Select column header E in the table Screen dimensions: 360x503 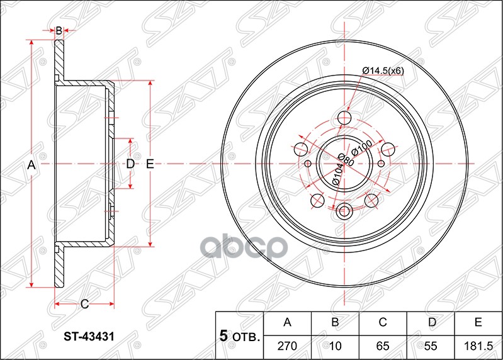[x=478, y=323]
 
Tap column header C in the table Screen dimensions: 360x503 [x=382, y=323]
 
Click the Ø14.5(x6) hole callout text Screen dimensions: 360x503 [x=383, y=70]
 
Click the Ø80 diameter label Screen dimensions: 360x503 [x=346, y=161]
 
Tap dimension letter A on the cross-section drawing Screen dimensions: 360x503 [x=31, y=164]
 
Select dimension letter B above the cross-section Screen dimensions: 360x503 [x=59, y=30]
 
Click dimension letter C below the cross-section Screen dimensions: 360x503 [x=84, y=305]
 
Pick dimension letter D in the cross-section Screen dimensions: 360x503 [x=130, y=164]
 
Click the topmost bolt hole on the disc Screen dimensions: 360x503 [x=344, y=118]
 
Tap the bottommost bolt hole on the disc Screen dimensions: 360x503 [x=344, y=211]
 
